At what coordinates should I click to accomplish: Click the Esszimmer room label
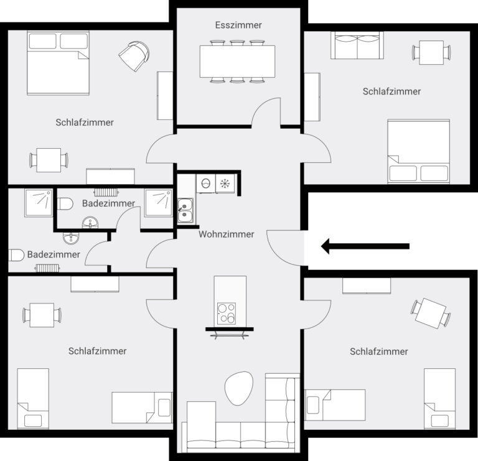[x=238, y=26]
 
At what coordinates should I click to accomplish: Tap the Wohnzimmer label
[x=227, y=235]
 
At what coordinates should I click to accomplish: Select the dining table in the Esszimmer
[x=237, y=61]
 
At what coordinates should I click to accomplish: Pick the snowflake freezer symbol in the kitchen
[x=225, y=184]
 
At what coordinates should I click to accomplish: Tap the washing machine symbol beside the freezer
[x=205, y=184]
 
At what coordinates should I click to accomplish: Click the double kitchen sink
[x=185, y=210]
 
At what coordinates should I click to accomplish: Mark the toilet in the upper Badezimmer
[x=65, y=203]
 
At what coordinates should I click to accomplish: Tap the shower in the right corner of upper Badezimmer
[x=158, y=202]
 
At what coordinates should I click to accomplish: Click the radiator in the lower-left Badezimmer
[x=47, y=268]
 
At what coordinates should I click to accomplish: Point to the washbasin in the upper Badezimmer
[x=91, y=222]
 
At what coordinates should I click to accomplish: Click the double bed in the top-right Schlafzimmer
[x=418, y=151]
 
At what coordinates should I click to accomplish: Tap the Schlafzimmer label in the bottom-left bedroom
[x=97, y=351]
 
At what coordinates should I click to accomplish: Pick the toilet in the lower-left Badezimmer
[x=17, y=255]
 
